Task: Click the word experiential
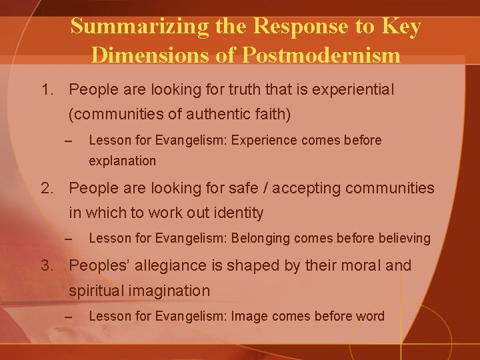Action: tap(354, 89)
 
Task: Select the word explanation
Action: tap(122, 161)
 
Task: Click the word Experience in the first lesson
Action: tap(266, 140)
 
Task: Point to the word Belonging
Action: tap(263, 238)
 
